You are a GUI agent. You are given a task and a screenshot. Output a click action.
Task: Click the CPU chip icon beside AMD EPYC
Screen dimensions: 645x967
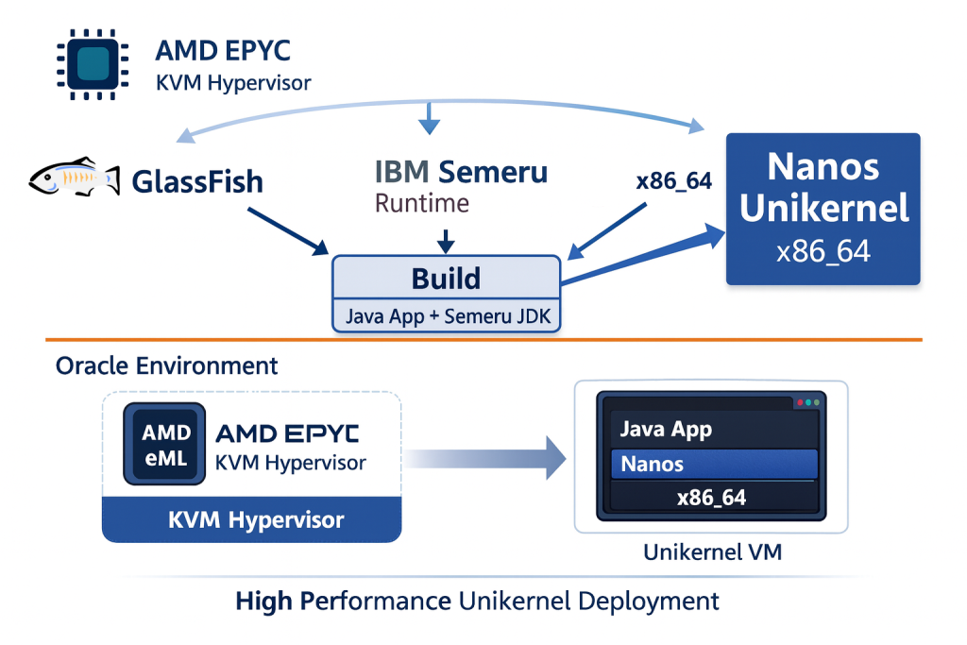(x=93, y=62)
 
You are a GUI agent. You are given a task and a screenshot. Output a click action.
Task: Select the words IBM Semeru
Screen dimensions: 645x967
(x=461, y=172)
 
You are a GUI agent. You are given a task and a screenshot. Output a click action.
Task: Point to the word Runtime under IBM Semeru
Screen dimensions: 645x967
(x=422, y=203)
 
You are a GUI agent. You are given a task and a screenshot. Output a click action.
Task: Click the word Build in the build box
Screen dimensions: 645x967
(x=446, y=279)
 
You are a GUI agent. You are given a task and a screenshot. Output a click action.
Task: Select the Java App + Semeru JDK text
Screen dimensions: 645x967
(x=446, y=315)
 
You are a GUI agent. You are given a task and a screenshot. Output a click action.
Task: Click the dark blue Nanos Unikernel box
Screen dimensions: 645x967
(x=823, y=209)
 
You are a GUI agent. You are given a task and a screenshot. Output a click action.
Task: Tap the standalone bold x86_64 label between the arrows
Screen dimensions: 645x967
(x=673, y=182)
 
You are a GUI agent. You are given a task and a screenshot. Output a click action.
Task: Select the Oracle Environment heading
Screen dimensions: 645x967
(x=167, y=365)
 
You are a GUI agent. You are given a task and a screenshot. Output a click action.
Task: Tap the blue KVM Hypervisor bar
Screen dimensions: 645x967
(x=252, y=519)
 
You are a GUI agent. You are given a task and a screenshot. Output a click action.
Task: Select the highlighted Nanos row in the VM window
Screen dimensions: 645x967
(x=713, y=464)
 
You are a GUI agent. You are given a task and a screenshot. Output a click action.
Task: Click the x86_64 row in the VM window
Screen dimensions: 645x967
(x=711, y=497)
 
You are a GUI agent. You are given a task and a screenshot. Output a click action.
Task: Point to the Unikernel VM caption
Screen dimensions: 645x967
(x=712, y=552)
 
